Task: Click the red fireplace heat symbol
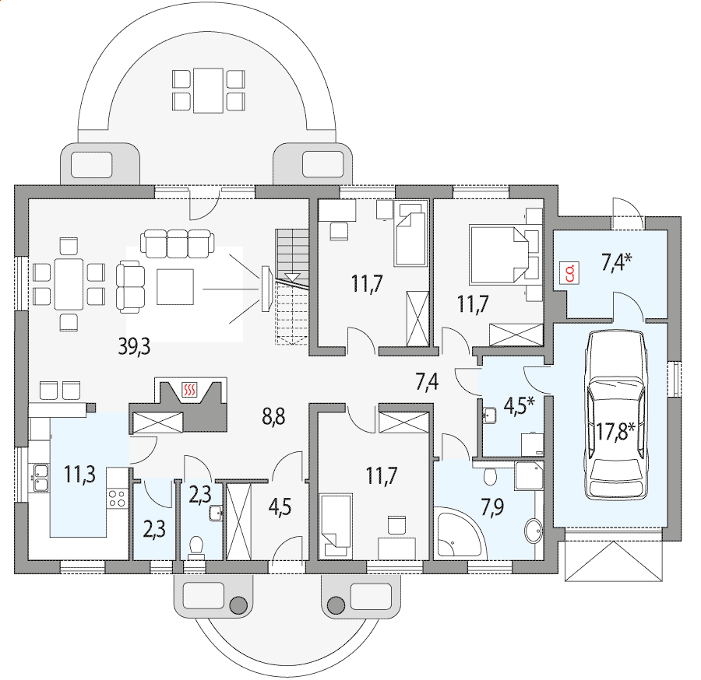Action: point(190,390)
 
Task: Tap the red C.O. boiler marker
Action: point(572,273)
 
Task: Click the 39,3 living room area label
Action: point(134,346)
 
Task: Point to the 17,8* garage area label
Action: point(615,432)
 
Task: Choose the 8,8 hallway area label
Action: point(273,416)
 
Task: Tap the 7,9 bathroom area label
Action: point(492,507)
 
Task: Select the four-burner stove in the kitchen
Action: point(117,498)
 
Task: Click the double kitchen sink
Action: point(39,478)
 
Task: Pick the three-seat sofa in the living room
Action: point(178,244)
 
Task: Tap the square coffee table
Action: point(175,286)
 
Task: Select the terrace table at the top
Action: point(208,90)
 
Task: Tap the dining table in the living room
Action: point(69,284)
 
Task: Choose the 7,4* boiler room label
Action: point(616,262)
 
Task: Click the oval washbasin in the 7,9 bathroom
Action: point(533,531)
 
